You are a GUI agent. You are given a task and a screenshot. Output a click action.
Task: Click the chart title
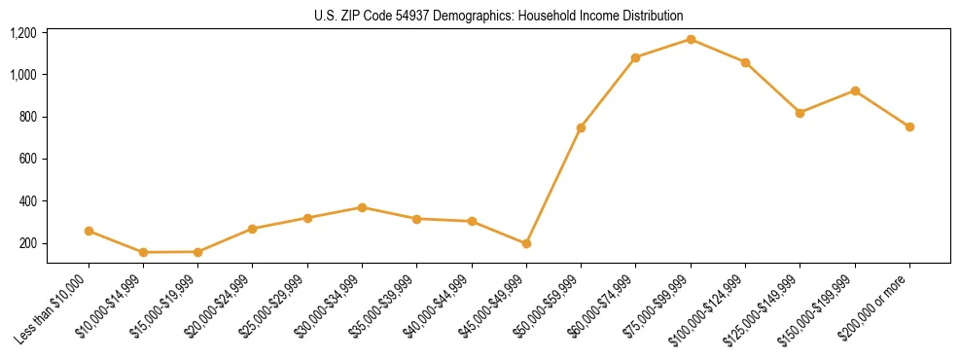pos(498,16)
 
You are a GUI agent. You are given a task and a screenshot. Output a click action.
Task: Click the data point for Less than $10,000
pos(89,231)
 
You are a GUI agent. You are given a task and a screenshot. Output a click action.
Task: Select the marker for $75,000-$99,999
pos(691,39)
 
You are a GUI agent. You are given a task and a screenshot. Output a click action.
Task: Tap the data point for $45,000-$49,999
pos(526,243)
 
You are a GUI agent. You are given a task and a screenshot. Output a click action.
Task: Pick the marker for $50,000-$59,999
pos(581,127)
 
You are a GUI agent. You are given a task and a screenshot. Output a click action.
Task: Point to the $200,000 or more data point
pos(909,126)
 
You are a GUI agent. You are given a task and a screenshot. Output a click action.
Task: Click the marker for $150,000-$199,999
pos(855,90)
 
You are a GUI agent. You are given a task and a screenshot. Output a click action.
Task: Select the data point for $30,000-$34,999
pos(362,207)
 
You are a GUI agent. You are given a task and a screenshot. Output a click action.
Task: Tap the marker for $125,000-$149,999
pos(800,113)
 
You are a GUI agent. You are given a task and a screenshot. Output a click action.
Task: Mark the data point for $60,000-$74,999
pos(636,57)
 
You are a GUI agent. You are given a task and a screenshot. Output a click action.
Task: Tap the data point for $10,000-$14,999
pos(143,252)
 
